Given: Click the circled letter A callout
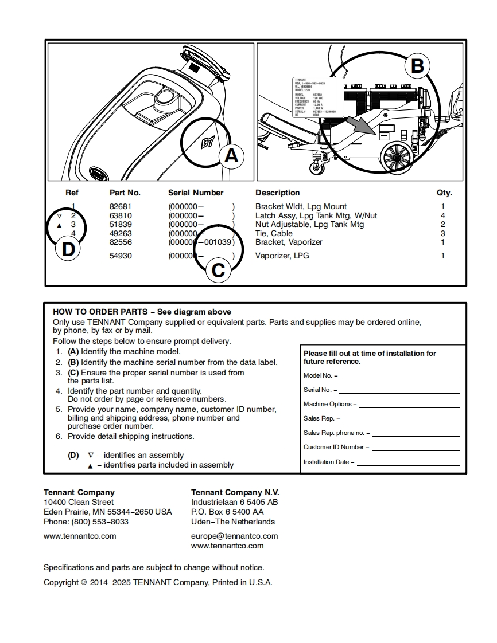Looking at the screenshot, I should [x=231, y=155].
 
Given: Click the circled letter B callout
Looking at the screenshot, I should [x=417, y=66].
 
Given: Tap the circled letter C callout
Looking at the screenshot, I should [x=218, y=269].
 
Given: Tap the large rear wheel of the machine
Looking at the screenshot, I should [x=395, y=156].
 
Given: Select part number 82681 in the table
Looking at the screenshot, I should [x=121, y=207].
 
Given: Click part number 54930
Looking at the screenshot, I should [x=121, y=256].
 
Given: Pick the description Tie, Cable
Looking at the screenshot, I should [x=274, y=233].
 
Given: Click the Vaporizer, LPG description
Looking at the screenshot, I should [x=282, y=256].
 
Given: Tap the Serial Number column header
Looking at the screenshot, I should [x=196, y=193].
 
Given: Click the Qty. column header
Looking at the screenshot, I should [x=444, y=193].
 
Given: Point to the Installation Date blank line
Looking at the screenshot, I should [x=409, y=465].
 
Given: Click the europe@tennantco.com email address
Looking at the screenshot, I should [x=234, y=536].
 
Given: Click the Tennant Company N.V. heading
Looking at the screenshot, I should [x=235, y=492].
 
